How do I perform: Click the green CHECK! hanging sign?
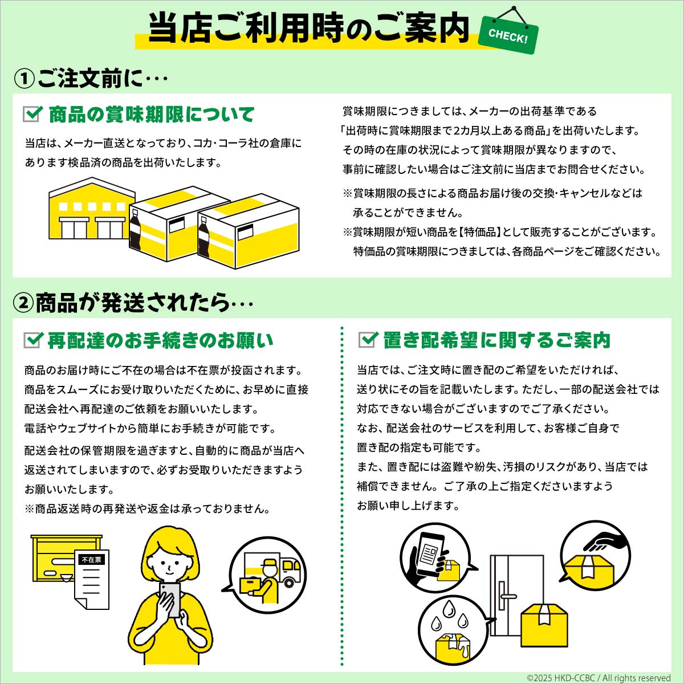click(x=508, y=35)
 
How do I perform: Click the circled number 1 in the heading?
click(x=25, y=79)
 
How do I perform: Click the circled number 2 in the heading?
click(x=23, y=303)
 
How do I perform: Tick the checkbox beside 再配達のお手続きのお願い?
click(x=33, y=340)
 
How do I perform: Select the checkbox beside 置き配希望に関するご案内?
click(x=368, y=339)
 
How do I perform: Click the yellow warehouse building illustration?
click(x=92, y=209)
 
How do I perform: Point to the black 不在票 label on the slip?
click(x=92, y=560)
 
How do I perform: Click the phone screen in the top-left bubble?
click(x=430, y=556)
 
